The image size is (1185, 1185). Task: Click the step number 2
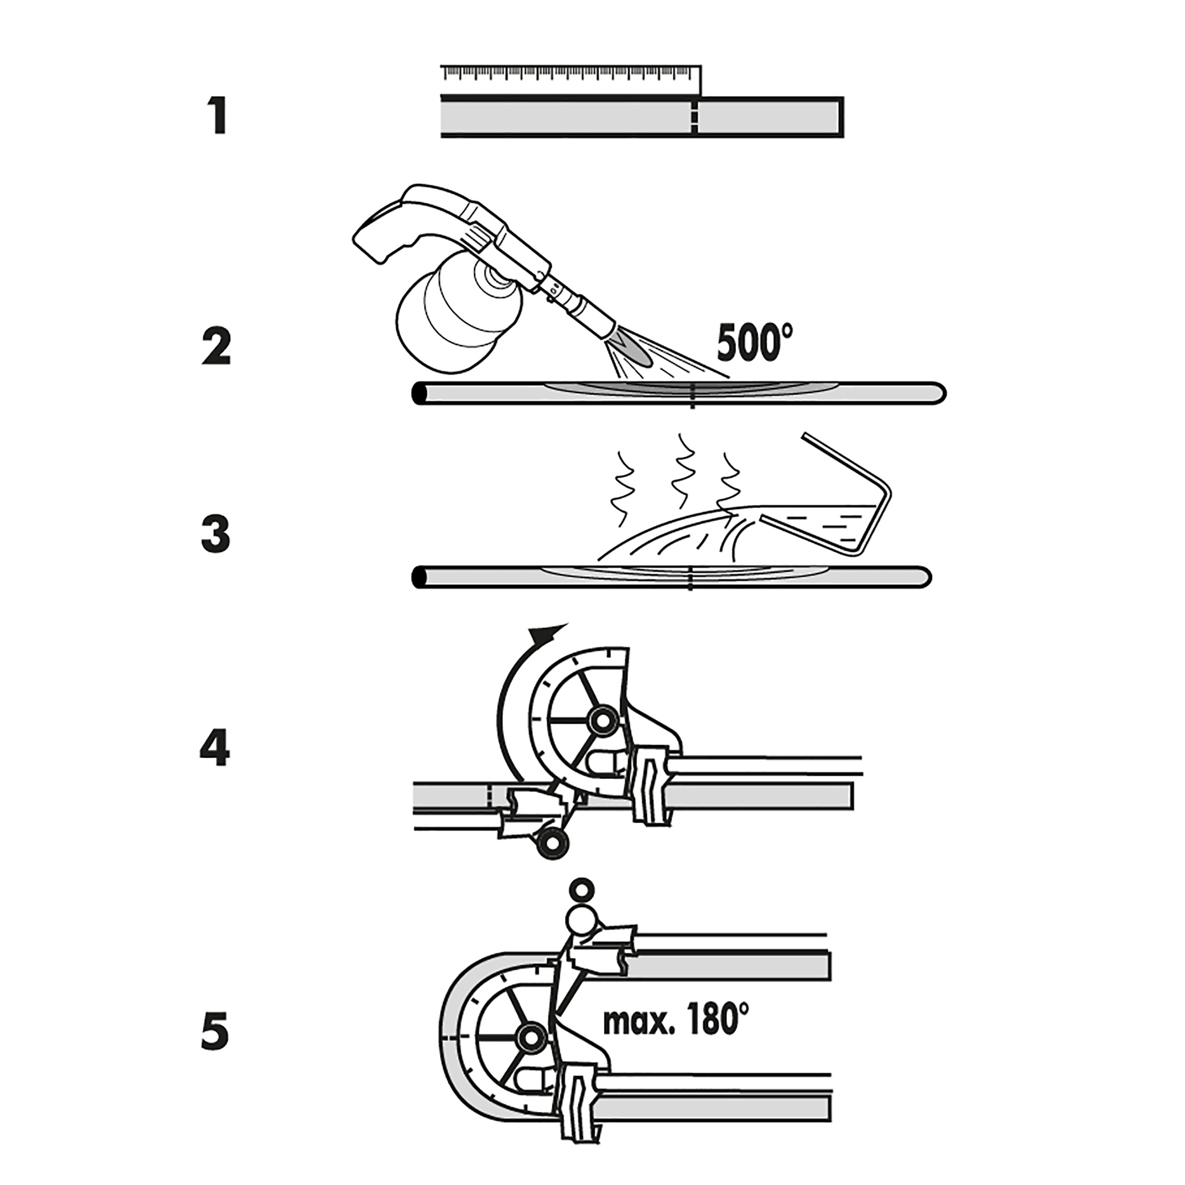pos(216,347)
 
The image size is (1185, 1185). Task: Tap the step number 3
pos(216,534)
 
